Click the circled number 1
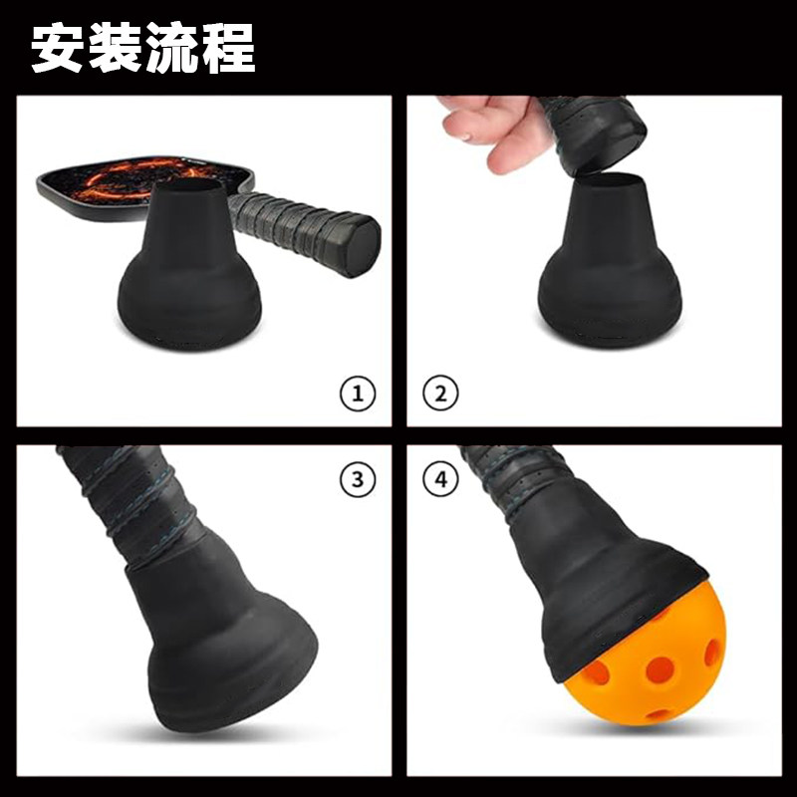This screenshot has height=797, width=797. point(358,394)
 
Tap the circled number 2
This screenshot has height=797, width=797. point(440,394)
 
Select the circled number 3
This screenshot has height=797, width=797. point(358,481)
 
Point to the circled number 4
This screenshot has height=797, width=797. point(440,481)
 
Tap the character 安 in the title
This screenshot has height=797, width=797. point(60,47)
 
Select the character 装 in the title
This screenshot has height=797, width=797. point(116,47)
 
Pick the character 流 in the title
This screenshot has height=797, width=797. point(171,47)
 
